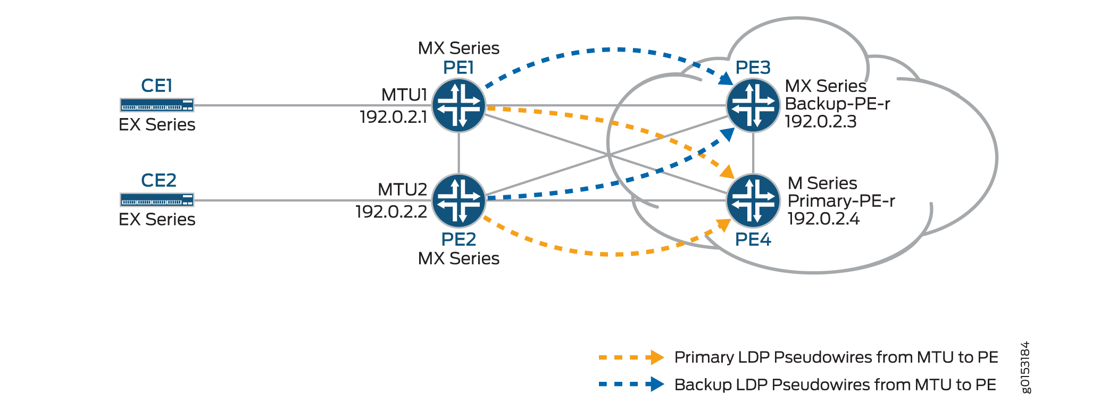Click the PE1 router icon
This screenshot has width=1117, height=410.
pyautogui.click(x=459, y=105)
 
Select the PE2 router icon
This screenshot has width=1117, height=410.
pyautogui.click(x=459, y=200)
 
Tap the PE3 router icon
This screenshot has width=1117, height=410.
pyautogui.click(x=753, y=105)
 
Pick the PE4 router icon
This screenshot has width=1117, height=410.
pyautogui.click(x=753, y=200)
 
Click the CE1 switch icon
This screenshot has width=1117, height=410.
pyautogui.click(x=157, y=105)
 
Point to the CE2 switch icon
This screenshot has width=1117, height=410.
pyautogui.click(x=157, y=200)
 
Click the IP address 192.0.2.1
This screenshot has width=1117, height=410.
pyautogui.click(x=393, y=117)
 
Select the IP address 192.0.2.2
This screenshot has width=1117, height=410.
pyautogui.click(x=391, y=212)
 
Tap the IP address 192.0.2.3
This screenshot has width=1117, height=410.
pyautogui.click(x=821, y=122)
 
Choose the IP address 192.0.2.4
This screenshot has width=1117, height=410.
pyautogui.click(x=823, y=219)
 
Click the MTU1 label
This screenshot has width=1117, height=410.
pyautogui.click(x=404, y=95)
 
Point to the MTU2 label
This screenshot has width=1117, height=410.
pyautogui.click(x=402, y=190)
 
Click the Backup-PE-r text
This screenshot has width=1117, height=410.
pyautogui.click(x=837, y=104)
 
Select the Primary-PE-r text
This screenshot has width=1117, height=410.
pyautogui.click(x=841, y=201)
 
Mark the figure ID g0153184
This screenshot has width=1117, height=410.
pyautogui.click(x=1026, y=367)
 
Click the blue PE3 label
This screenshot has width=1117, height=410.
pyautogui.click(x=753, y=68)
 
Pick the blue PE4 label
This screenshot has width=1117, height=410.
pyautogui.click(x=753, y=240)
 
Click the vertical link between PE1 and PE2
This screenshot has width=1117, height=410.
pyautogui.click(x=459, y=153)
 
